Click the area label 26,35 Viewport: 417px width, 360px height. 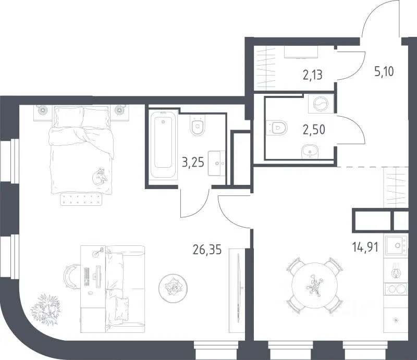tap(207, 250)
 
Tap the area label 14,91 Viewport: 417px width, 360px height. tap(365, 247)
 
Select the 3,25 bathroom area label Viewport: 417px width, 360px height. tap(193, 162)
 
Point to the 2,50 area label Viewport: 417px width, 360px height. tap(314, 130)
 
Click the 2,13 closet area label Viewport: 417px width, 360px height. tap(312, 75)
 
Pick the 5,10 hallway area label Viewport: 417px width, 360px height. tap(384, 72)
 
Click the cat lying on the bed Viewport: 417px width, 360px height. tap(100, 176)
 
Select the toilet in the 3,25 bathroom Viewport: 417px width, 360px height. tap(198, 126)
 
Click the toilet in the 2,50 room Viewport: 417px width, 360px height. tap(277, 128)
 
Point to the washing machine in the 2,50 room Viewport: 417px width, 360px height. tap(321, 104)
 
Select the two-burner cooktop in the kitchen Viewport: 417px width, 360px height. tap(396, 289)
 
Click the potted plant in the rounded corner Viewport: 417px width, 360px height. tap(46, 310)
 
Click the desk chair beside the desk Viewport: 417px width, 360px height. tap(72, 277)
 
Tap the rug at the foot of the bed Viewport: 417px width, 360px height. tap(81, 199)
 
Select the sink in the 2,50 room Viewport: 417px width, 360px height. tap(310, 152)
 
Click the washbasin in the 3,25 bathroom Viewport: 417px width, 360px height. tap(216, 163)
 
